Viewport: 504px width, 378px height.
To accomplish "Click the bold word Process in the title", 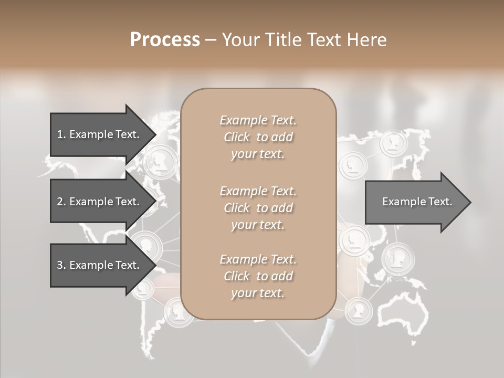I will tap(165, 40).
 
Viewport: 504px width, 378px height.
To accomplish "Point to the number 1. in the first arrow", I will tap(61, 134).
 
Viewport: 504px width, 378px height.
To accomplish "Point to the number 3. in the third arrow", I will tap(61, 265).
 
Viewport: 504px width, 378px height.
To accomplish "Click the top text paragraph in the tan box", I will tap(258, 137).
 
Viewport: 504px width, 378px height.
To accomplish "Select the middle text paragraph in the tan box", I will tap(258, 208).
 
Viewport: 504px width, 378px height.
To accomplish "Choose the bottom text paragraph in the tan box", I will tap(258, 276).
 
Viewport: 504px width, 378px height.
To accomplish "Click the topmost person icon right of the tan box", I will tap(393, 143).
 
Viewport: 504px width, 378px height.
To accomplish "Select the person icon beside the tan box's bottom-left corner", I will tap(175, 313).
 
